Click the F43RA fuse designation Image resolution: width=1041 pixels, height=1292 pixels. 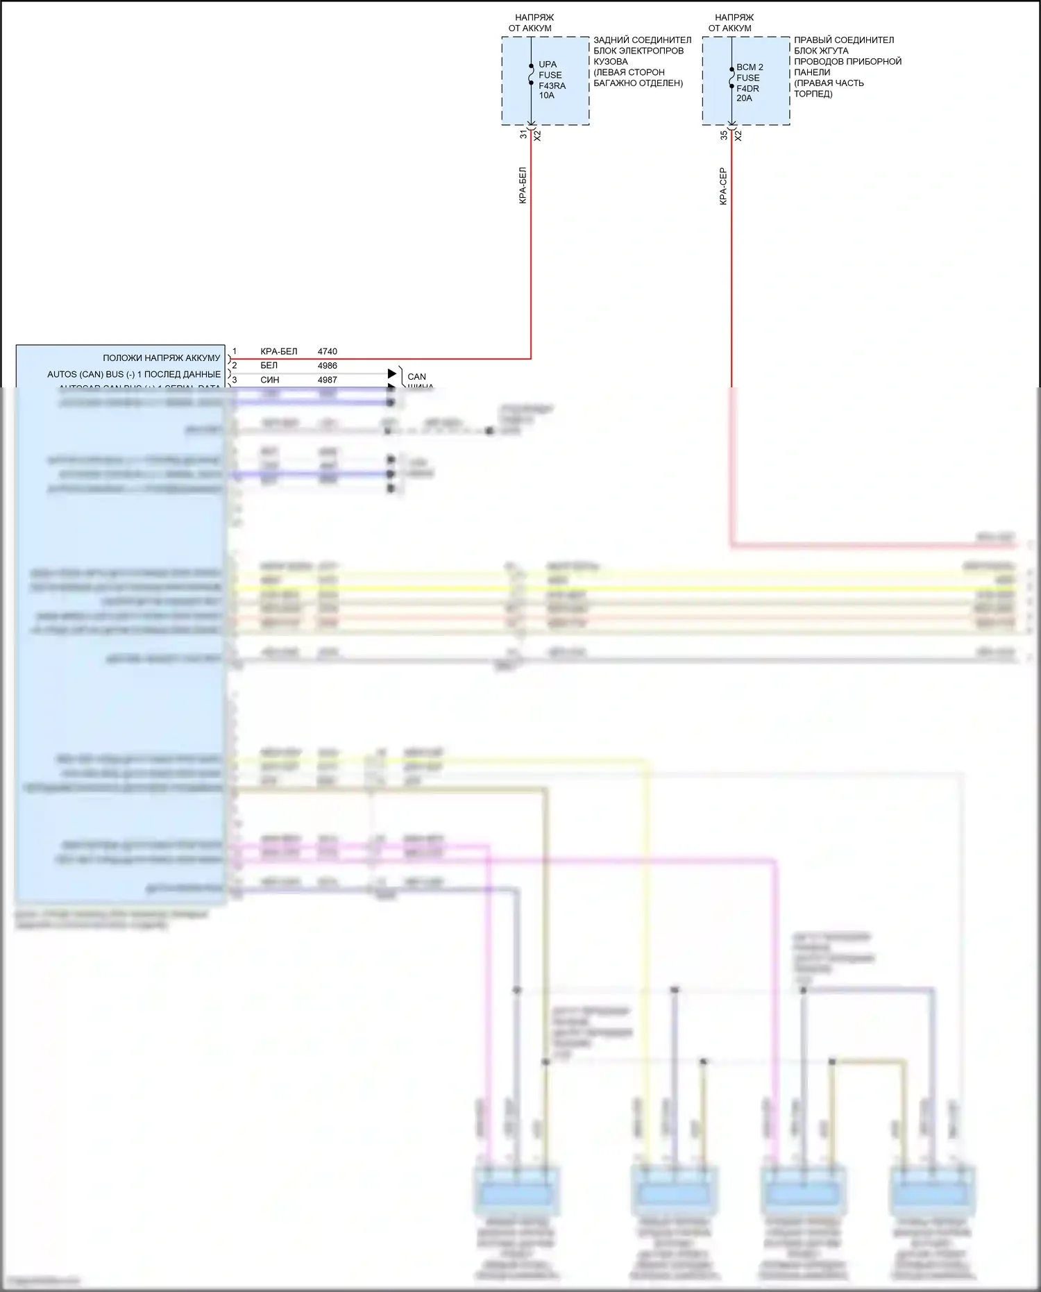click(552, 85)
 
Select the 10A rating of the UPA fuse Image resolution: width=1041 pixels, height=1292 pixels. click(546, 96)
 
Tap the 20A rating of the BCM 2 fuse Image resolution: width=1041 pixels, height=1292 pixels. click(744, 99)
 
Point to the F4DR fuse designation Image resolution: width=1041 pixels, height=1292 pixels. click(747, 88)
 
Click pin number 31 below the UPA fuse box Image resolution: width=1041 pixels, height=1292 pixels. click(524, 135)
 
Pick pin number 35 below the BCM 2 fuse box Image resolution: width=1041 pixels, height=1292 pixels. click(724, 135)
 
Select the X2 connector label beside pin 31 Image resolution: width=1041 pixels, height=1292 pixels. click(537, 136)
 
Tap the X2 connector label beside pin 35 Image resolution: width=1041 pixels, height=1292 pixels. click(738, 136)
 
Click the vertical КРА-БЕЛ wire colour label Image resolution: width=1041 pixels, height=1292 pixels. click(523, 185)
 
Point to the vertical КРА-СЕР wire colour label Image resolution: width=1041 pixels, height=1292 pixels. click(723, 186)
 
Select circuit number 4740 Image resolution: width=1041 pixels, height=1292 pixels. click(327, 351)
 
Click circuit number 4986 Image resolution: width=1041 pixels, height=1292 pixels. click(327, 365)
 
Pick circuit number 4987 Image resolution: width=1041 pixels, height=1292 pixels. click(327, 380)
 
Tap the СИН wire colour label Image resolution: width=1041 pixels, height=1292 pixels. click(269, 380)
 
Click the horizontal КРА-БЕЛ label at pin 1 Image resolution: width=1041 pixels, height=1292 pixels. click(278, 351)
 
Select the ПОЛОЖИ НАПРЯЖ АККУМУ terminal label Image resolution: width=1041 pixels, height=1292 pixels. click(161, 358)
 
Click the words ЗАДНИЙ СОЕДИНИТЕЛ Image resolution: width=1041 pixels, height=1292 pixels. click(642, 40)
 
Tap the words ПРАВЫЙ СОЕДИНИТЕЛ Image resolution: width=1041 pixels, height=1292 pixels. click(844, 40)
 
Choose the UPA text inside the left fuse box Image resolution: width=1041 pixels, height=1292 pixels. click(548, 65)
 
